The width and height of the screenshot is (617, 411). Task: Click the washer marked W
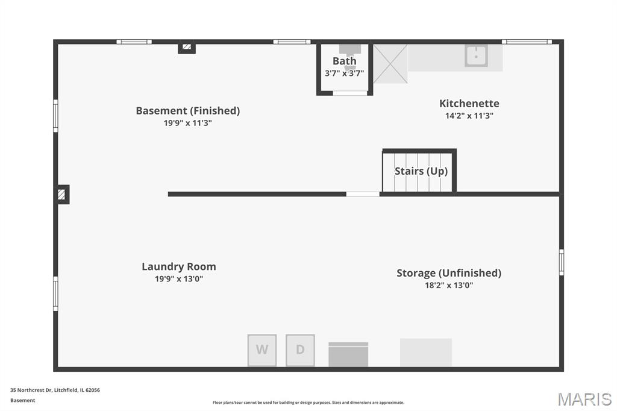pyautogui.click(x=262, y=350)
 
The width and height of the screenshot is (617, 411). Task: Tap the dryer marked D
pyautogui.click(x=300, y=350)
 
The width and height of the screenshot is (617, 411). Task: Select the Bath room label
pyautogui.click(x=344, y=61)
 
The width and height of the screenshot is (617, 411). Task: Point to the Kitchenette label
pyautogui.click(x=469, y=103)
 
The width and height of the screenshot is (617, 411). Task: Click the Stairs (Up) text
pyautogui.click(x=421, y=171)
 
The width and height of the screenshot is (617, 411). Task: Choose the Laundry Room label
pyautogui.click(x=178, y=266)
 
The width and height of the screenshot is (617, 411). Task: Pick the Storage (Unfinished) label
pyautogui.click(x=448, y=273)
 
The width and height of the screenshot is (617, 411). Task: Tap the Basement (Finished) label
pyautogui.click(x=188, y=111)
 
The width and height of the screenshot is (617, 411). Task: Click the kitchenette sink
pyautogui.click(x=476, y=55)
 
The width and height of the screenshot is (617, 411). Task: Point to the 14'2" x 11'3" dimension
pyautogui.click(x=469, y=116)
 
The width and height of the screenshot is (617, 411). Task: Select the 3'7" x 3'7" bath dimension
pyautogui.click(x=344, y=74)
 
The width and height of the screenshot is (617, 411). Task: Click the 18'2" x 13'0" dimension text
pyautogui.click(x=448, y=285)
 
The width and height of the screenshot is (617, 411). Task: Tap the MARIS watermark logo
pyautogui.click(x=584, y=399)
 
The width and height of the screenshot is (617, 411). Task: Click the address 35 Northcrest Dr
pyautogui.click(x=31, y=390)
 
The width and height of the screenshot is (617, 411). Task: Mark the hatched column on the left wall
pyautogui.click(x=61, y=195)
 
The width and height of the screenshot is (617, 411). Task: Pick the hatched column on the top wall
pyautogui.click(x=187, y=47)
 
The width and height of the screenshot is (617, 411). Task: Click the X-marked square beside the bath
pyautogui.click(x=390, y=64)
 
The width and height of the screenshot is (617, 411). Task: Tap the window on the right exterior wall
pyautogui.click(x=562, y=262)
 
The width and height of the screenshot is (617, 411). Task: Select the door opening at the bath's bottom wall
pyautogui.click(x=350, y=93)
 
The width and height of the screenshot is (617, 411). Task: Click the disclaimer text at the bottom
pyautogui.click(x=308, y=403)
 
